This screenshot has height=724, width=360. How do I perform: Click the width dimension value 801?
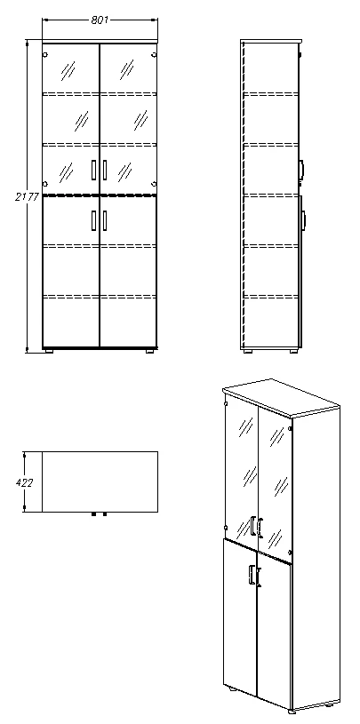[100, 20]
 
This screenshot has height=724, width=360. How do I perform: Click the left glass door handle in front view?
[94, 168]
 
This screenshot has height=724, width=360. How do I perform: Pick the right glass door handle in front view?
[105, 168]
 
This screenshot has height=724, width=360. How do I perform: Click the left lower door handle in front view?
[94, 219]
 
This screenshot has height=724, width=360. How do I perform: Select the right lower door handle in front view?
[105, 219]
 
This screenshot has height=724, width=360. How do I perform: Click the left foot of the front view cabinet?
[51, 352]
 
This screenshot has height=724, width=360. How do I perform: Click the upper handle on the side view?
[302, 167]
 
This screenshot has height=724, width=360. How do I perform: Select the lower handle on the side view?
[302, 219]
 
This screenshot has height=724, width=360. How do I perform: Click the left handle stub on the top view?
[94, 514]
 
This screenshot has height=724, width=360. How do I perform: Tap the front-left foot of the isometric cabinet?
[230, 688]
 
